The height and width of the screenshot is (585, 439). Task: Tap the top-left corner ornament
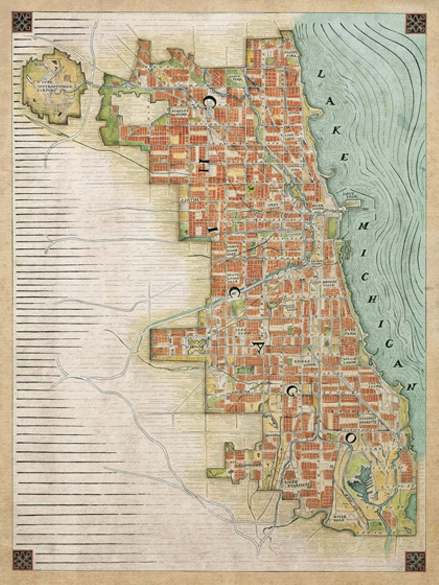tap(22, 22)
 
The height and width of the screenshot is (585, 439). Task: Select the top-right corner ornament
tap(416, 23)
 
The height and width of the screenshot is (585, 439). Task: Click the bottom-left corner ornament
tap(22, 560)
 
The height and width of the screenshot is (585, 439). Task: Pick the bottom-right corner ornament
tap(415, 561)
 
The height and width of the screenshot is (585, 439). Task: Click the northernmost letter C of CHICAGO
tap(209, 102)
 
